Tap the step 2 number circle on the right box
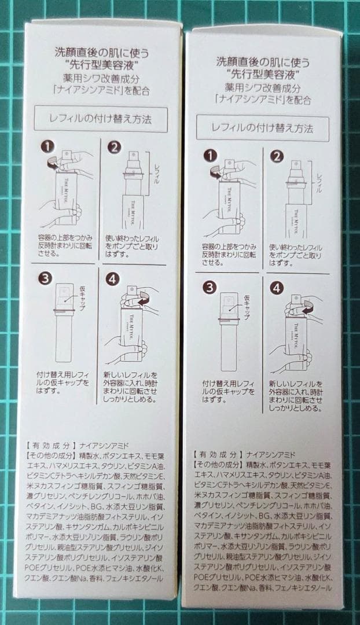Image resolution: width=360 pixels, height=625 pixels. [277, 156]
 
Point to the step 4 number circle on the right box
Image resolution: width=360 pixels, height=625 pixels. [277, 288]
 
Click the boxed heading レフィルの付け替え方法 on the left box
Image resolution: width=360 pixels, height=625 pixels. [101, 120]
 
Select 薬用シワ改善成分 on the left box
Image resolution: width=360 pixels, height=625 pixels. [101, 80]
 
